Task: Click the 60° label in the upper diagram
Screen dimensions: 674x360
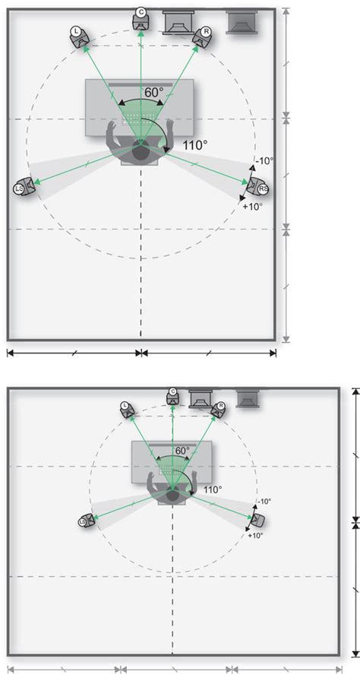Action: [153, 92]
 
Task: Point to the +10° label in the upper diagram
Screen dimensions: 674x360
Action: [251, 206]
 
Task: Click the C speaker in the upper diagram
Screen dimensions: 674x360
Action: [141, 16]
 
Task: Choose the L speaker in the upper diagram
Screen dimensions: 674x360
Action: [78, 34]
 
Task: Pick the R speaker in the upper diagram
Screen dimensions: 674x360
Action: [204, 35]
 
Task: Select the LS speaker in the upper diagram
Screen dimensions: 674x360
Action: [23, 187]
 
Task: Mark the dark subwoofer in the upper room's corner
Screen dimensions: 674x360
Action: [242, 24]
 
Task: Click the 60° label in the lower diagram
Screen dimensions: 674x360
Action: [182, 451]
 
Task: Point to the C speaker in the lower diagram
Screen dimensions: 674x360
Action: [172, 395]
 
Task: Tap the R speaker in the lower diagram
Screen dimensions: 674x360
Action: [218, 410]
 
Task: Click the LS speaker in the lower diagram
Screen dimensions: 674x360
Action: [85, 521]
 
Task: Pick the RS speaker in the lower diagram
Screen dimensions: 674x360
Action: [258, 520]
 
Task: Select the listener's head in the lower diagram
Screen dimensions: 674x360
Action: [172, 495]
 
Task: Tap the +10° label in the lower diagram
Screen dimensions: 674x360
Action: [255, 536]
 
